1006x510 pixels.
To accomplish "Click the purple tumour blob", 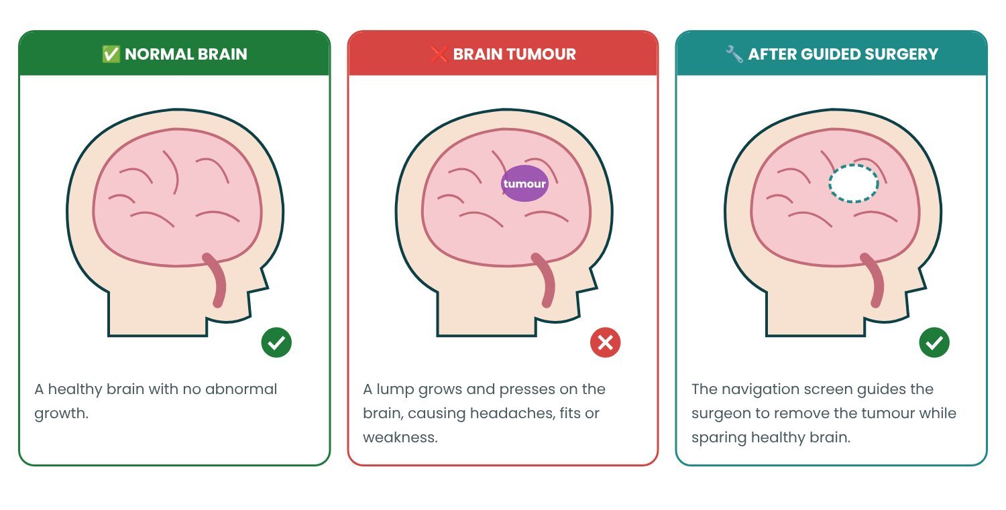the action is tap(524, 183).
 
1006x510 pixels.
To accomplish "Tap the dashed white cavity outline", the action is tap(854, 165).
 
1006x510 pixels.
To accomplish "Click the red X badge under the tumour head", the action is tap(606, 342).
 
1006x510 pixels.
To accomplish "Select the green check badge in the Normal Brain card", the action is tap(276, 342).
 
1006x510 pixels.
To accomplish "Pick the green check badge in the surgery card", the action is tap(934, 342).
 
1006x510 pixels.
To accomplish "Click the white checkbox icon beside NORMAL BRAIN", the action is tap(111, 54).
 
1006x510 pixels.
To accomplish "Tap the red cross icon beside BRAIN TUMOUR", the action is tap(439, 54).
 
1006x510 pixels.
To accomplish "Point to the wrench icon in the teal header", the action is tap(734, 54).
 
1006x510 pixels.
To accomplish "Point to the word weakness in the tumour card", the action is tap(400, 437).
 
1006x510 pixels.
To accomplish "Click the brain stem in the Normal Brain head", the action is tap(217, 281).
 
